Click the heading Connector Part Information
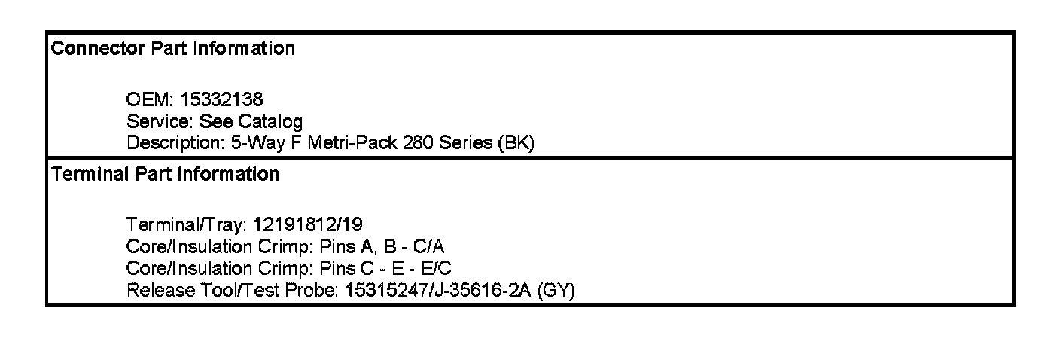tap(172, 49)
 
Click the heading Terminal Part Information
tap(165, 175)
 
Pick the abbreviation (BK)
tap(516, 143)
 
